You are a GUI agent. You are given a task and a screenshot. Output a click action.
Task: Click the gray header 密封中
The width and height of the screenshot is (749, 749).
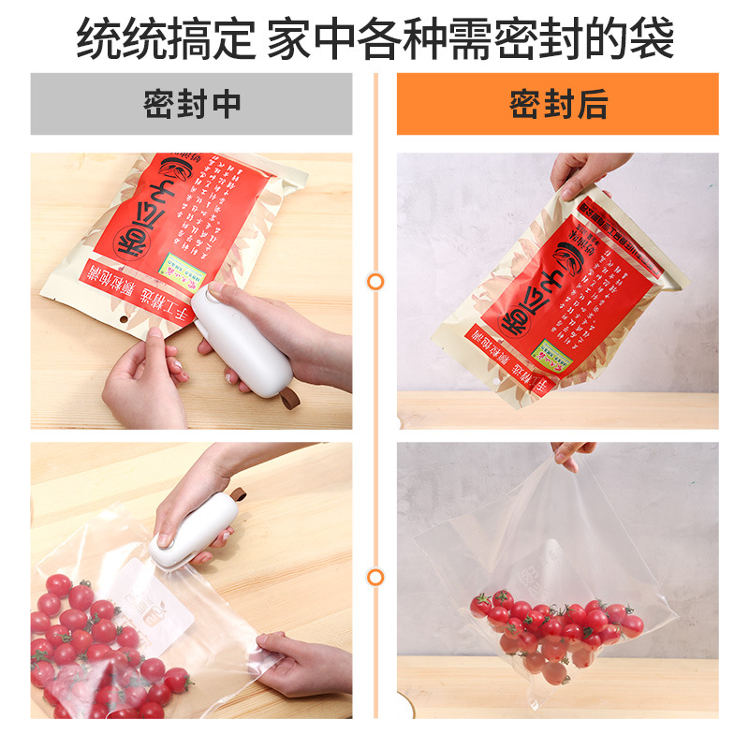[191, 104]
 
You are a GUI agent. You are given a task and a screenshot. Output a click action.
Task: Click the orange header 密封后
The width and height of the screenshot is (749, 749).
[558, 104]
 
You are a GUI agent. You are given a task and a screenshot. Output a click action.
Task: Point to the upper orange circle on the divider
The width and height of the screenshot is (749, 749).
[375, 281]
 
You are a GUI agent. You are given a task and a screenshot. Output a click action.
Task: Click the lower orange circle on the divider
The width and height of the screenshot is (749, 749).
[375, 577]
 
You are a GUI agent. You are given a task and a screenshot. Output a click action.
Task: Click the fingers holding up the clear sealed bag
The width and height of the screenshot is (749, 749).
[573, 454]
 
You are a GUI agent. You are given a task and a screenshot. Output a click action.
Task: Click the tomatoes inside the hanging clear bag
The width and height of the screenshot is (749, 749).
[552, 627]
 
